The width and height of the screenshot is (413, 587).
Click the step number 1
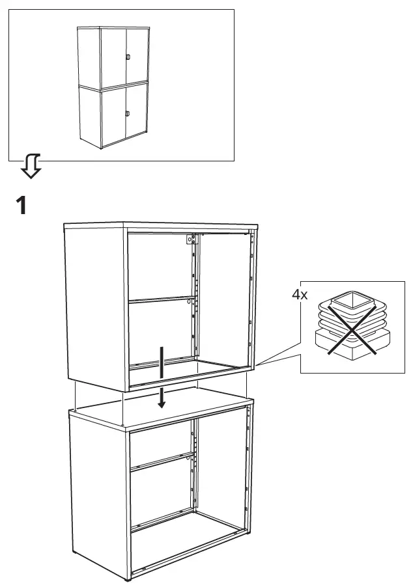click(21, 206)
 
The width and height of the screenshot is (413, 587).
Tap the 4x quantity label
click(299, 295)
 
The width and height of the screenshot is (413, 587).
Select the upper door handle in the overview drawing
click(128, 58)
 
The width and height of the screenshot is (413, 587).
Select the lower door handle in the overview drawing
click(128, 114)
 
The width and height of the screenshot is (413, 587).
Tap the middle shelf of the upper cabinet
click(160, 301)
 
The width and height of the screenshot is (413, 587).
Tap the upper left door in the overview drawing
click(113, 57)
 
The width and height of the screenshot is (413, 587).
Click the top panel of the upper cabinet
click(160, 226)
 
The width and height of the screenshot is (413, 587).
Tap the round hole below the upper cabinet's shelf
click(188, 302)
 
